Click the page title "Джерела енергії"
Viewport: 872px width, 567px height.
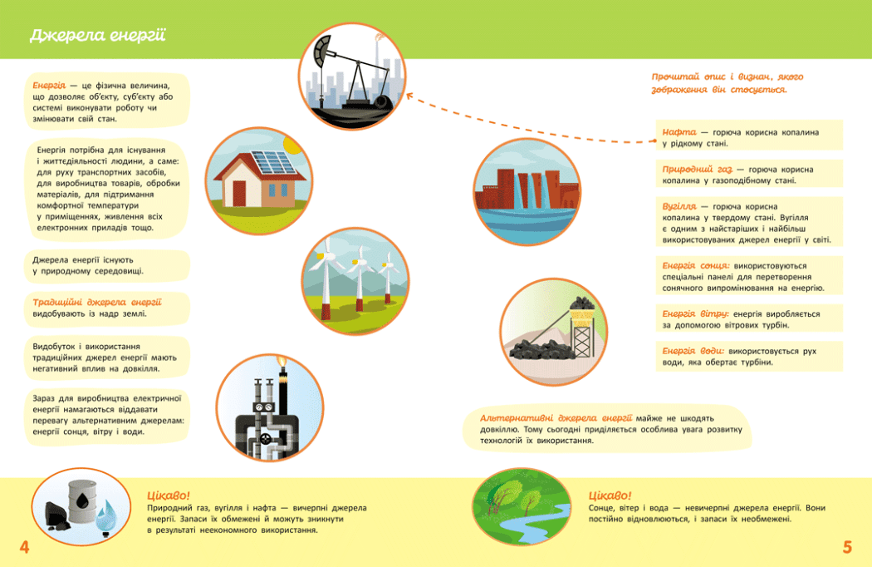click(98, 36)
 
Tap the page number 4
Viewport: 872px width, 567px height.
click(24, 547)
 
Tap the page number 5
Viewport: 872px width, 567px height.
click(847, 547)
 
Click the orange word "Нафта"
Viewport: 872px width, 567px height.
click(679, 132)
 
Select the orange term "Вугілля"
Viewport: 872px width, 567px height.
click(679, 207)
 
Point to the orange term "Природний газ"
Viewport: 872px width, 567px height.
click(698, 170)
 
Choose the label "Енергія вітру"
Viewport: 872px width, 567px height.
click(695, 314)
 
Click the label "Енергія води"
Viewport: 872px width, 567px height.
click(693, 351)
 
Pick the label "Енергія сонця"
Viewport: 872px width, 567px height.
click(696, 266)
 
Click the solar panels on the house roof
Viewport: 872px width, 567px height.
click(273, 162)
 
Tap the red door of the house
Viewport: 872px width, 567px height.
click(239, 194)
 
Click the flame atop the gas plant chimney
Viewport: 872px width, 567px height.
click(282, 362)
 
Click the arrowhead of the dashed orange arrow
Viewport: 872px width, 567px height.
click(409, 96)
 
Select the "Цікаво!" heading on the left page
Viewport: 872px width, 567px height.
click(168, 496)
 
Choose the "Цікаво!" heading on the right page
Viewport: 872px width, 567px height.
click(610, 496)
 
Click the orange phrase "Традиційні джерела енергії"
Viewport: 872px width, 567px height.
click(97, 303)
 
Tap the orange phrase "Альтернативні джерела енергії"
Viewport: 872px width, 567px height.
click(556, 417)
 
